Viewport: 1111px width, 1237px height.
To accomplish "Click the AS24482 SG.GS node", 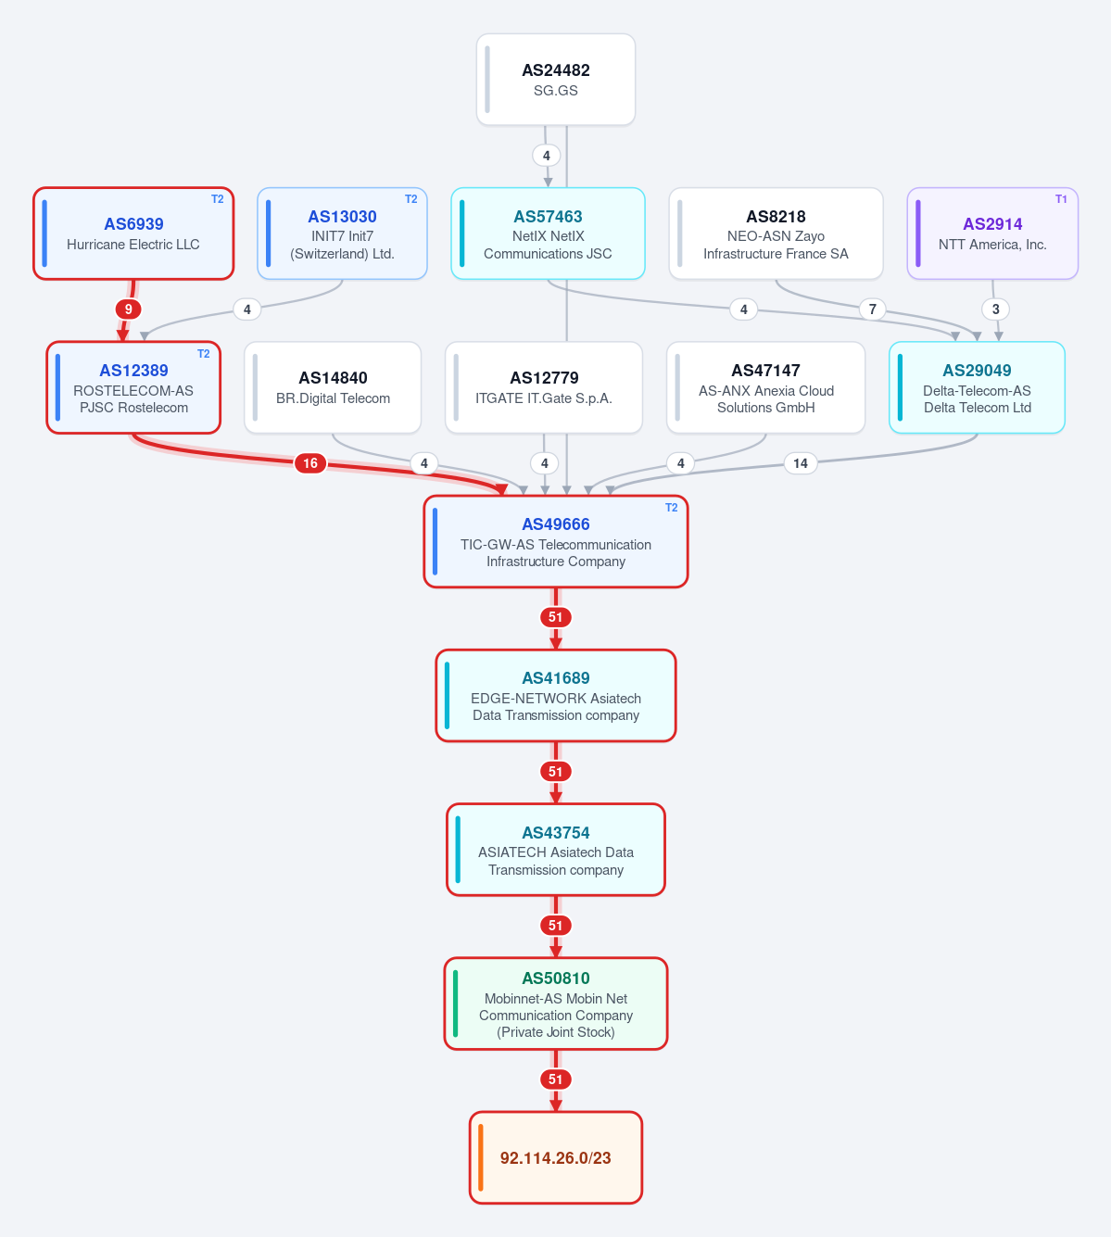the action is click(555, 80).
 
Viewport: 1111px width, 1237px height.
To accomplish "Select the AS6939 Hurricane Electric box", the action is click(133, 234).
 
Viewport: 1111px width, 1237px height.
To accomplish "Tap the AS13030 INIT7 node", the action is click(342, 234).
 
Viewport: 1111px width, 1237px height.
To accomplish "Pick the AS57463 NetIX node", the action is click(548, 234).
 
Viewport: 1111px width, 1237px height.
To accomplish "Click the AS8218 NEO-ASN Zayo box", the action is click(776, 234).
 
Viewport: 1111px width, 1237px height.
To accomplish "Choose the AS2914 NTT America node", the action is click(992, 234).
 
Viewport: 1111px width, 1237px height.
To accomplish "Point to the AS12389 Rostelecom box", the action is click(133, 387).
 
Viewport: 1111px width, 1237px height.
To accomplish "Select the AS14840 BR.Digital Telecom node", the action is click(333, 387).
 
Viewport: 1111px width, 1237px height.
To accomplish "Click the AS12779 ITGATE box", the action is click(544, 387).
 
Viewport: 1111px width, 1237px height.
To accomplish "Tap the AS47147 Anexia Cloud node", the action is click(765, 387).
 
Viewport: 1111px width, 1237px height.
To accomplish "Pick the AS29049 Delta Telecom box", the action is click(977, 387).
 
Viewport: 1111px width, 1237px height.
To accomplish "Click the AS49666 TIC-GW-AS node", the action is click(555, 541).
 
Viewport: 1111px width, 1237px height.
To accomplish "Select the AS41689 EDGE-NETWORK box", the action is click(555, 696).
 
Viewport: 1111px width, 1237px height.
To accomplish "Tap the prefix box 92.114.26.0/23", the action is click(555, 1157).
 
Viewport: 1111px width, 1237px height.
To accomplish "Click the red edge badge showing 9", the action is click(128, 309).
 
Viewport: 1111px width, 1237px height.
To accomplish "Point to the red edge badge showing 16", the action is click(310, 462).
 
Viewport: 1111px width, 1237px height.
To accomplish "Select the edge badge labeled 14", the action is click(800, 462).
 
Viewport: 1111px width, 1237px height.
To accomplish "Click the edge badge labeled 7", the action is click(872, 309).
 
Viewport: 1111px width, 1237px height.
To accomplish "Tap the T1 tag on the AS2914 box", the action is click(1061, 199).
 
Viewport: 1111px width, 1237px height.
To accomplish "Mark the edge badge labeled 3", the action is click(995, 309).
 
